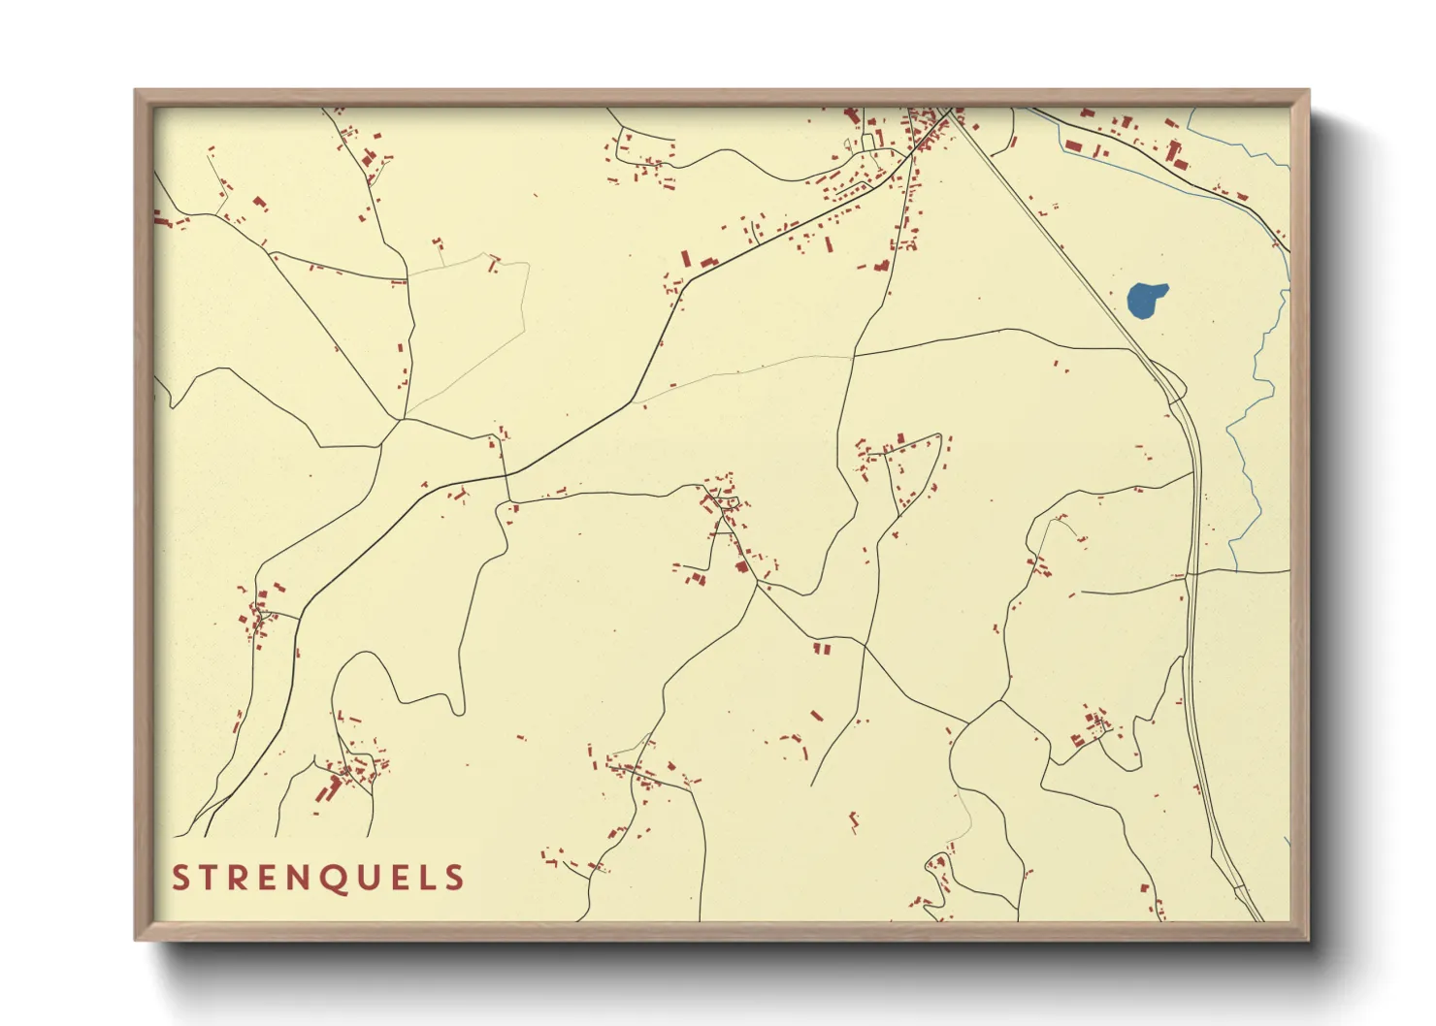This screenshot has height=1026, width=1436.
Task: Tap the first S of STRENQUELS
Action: click(179, 879)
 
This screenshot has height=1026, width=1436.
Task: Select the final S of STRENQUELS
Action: click(454, 879)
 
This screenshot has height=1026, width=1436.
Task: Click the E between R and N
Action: click(259, 879)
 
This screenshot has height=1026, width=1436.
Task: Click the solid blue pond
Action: click(1146, 300)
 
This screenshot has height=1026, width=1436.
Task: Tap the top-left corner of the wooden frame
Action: click(137, 92)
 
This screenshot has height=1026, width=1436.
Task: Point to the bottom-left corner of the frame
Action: click(137, 938)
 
